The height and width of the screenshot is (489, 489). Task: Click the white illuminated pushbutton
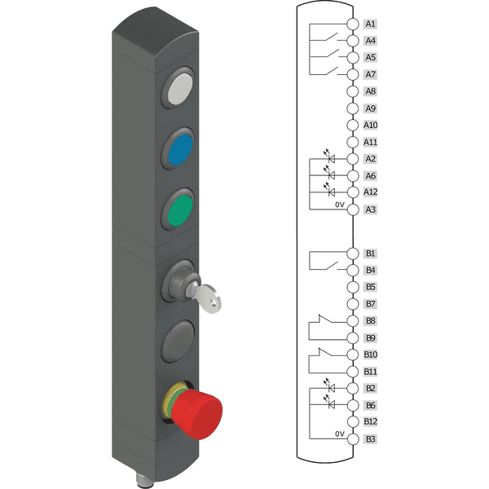[x=178, y=88]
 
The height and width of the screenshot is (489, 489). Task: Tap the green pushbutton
[x=178, y=210]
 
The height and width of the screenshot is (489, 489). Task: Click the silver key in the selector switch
[x=204, y=297]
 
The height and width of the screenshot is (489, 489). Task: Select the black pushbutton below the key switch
[x=178, y=341]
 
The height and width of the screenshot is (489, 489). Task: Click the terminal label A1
[x=370, y=24]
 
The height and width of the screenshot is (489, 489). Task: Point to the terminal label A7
[x=370, y=74]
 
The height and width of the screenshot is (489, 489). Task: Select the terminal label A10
[x=371, y=125]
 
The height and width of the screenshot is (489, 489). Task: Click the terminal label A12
[x=371, y=192]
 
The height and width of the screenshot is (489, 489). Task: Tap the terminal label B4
[x=370, y=270]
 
